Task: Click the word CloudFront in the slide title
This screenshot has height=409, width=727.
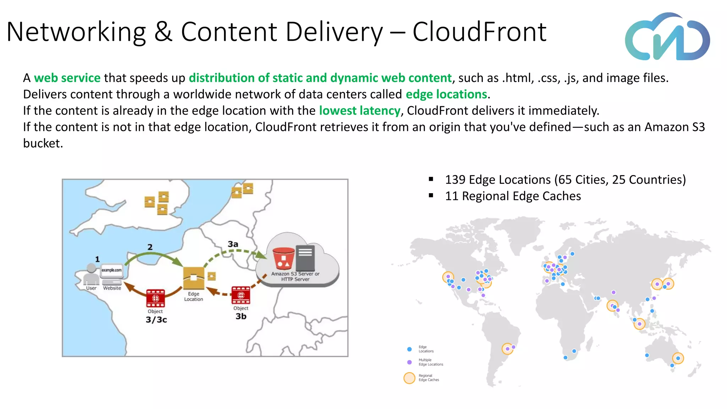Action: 479,32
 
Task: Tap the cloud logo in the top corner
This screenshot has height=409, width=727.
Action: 667,37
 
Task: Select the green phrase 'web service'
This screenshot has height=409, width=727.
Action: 67,78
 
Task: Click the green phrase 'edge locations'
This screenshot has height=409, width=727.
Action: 446,94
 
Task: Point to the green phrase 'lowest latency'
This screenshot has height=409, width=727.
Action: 360,110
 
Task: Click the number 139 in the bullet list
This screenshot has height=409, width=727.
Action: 455,180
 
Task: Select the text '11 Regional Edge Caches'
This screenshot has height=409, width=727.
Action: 513,196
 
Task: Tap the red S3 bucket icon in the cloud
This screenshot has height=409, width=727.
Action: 283,258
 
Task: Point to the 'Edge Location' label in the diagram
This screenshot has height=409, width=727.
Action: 193,296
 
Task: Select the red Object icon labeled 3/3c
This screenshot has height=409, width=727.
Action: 155,298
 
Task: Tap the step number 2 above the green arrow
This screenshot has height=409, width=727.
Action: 150,247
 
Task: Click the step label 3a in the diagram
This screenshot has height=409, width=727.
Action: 233,244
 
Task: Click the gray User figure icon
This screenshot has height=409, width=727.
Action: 91,274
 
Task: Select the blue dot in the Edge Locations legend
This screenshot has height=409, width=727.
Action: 409,349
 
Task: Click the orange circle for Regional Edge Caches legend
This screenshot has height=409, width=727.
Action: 409,378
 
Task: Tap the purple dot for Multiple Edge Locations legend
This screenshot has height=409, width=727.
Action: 409,362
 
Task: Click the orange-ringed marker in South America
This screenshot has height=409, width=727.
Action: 507,349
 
